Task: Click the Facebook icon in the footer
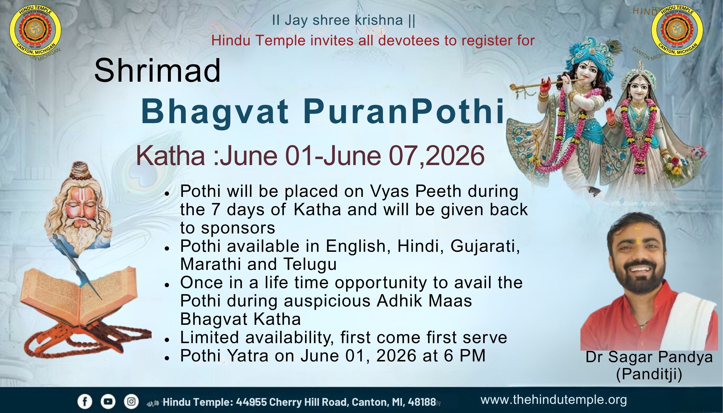tap(85, 402)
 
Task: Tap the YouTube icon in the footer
tap(108, 402)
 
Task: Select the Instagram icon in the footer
tap(131, 402)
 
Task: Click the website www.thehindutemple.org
tap(553, 400)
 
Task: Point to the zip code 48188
tap(422, 402)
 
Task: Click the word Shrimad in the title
tap(157, 70)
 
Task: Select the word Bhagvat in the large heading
tap(215, 112)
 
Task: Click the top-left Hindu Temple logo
tap(35, 30)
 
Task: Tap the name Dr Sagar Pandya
tap(649, 357)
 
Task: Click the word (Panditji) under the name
tap(649, 374)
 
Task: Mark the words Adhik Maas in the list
tap(424, 301)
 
